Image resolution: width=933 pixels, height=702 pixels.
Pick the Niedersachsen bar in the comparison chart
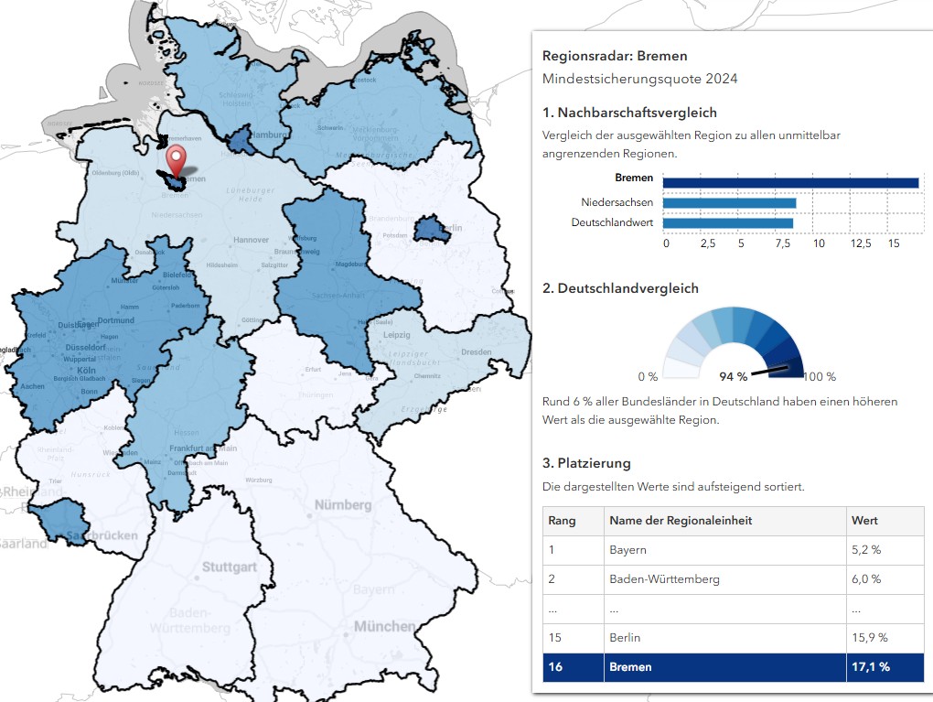coord(729,203)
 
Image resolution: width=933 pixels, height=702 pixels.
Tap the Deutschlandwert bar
coord(727,222)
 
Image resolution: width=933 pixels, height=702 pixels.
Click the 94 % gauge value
coord(733,376)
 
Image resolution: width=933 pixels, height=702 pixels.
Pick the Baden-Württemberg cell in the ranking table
coord(664,579)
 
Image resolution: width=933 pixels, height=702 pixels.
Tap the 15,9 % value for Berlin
coord(869,637)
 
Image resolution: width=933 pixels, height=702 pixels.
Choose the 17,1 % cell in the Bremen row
coord(870,666)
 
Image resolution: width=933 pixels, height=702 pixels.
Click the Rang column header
coord(562,521)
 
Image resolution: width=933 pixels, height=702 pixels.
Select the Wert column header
coord(864,521)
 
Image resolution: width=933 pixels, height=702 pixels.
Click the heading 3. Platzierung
coord(586,463)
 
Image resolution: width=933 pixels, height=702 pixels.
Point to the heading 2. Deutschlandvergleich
coord(620,288)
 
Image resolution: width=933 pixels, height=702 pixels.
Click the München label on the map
coord(385,627)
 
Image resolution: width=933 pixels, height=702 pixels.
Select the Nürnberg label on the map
coord(343,505)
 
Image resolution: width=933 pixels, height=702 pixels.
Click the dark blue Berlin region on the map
coord(431,232)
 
